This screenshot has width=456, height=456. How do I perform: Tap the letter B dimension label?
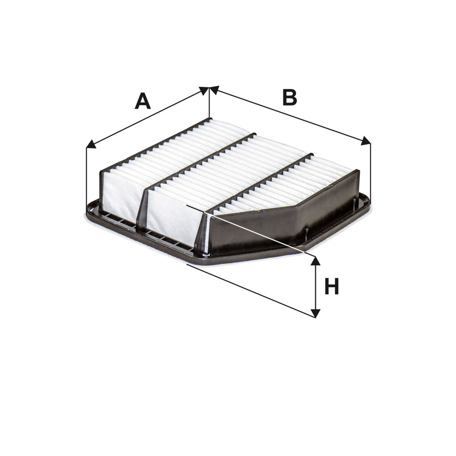(290, 97)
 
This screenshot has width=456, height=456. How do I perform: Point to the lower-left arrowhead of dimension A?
(91, 145)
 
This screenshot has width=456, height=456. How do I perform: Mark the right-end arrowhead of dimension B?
(366, 141)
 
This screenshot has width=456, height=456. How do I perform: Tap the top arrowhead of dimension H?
(315, 260)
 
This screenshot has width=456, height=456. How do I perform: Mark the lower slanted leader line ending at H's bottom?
(251, 290)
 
